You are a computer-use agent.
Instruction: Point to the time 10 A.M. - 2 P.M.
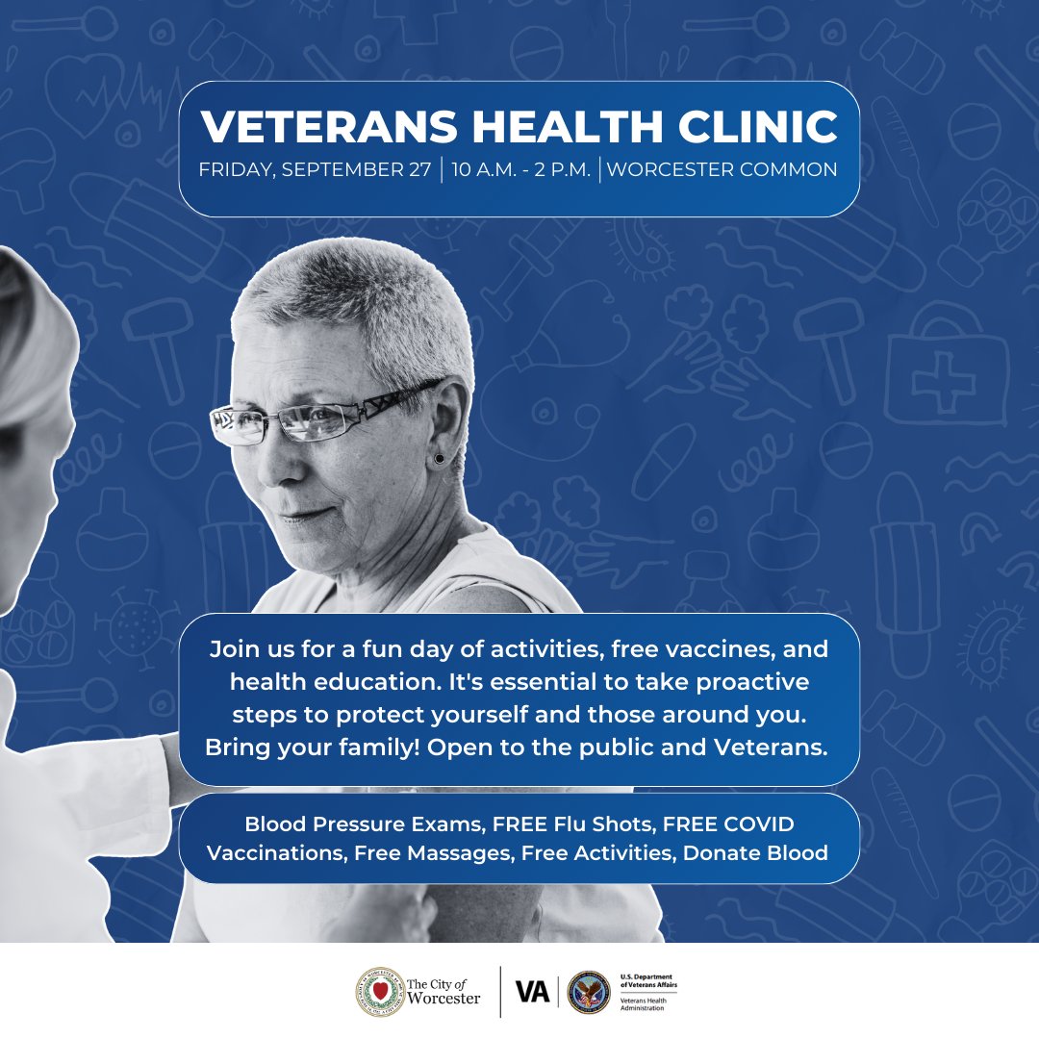click(519, 169)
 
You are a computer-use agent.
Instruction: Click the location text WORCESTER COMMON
click(722, 169)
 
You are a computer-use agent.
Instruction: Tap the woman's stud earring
click(440, 459)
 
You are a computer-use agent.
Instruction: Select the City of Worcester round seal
click(377, 992)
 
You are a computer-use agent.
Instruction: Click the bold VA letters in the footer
click(532, 992)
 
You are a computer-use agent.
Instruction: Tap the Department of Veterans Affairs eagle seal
click(588, 992)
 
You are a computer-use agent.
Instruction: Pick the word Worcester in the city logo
click(443, 998)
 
